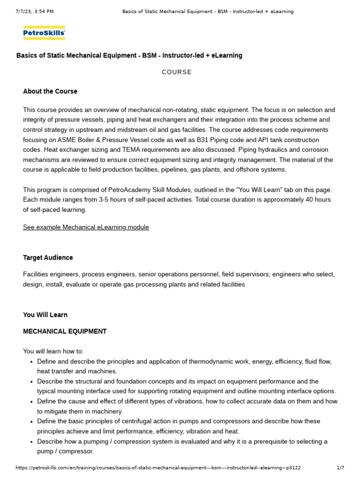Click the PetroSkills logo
click(44, 33)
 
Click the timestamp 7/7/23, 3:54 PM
click(35, 11)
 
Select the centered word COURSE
click(177, 72)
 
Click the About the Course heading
click(50, 91)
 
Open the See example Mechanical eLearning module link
click(86, 227)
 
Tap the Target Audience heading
click(48, 258)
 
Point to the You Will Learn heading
click(45, 315)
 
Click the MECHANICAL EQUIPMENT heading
click(65, 331)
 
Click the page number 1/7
click(340, 468)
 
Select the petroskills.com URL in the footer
click(158, 468)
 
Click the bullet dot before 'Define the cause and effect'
click(30, 402)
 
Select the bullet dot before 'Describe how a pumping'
click(30, 442)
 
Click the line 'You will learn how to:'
click(53, 352)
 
